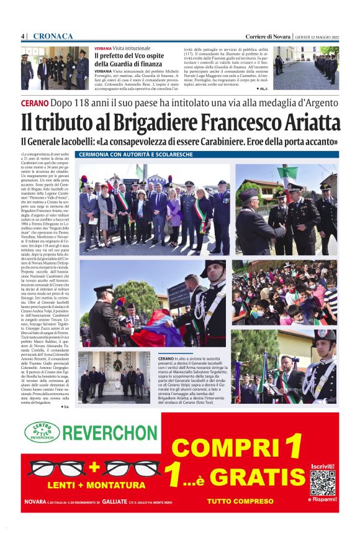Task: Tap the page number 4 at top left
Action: click(x=23, y=36)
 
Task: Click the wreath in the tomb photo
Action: click(x=117, y=366)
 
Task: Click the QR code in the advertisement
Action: click(x=322, y=483)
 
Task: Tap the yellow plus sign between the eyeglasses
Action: click(x=94, y=466)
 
